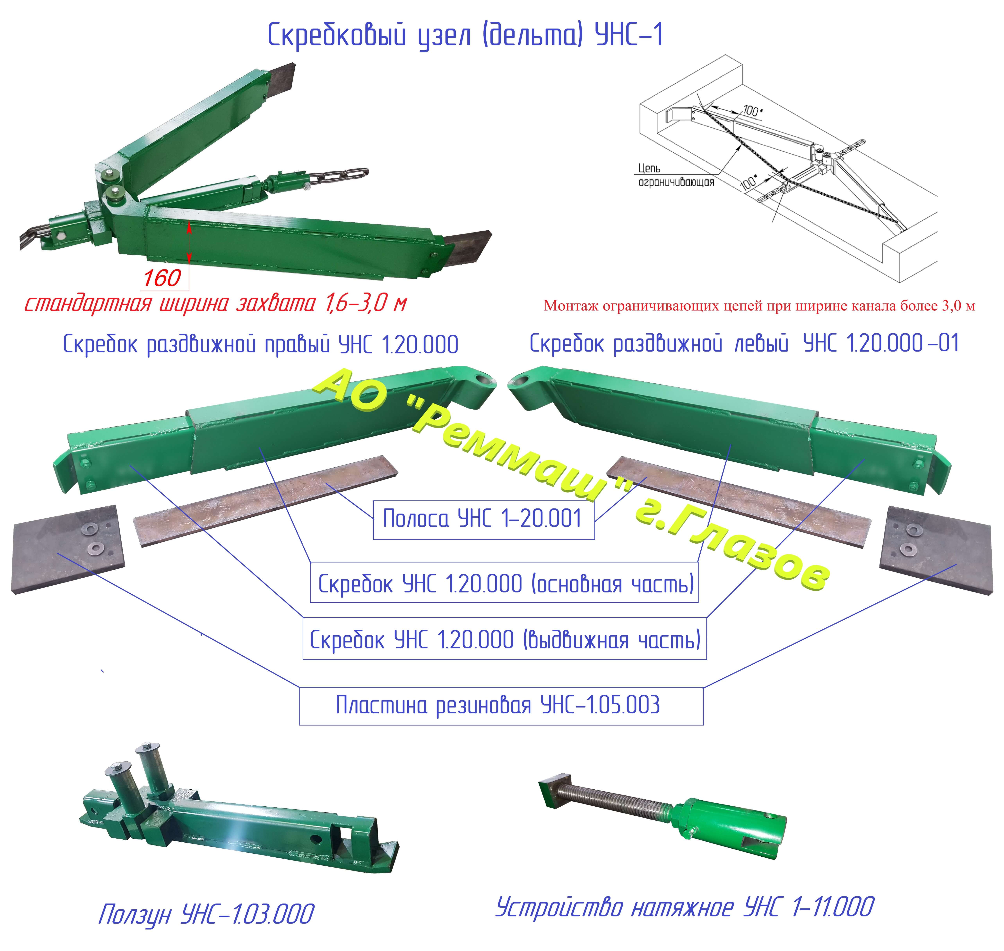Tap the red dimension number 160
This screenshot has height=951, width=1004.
coord(162,278)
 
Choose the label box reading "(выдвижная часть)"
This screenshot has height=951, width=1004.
coord(505,639)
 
